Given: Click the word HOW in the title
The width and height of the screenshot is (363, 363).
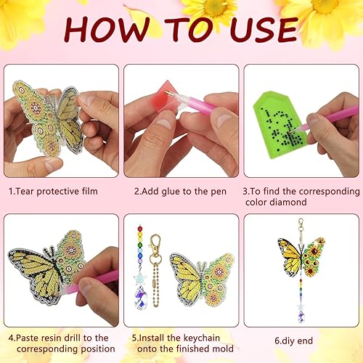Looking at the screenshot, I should click(109, 31).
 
